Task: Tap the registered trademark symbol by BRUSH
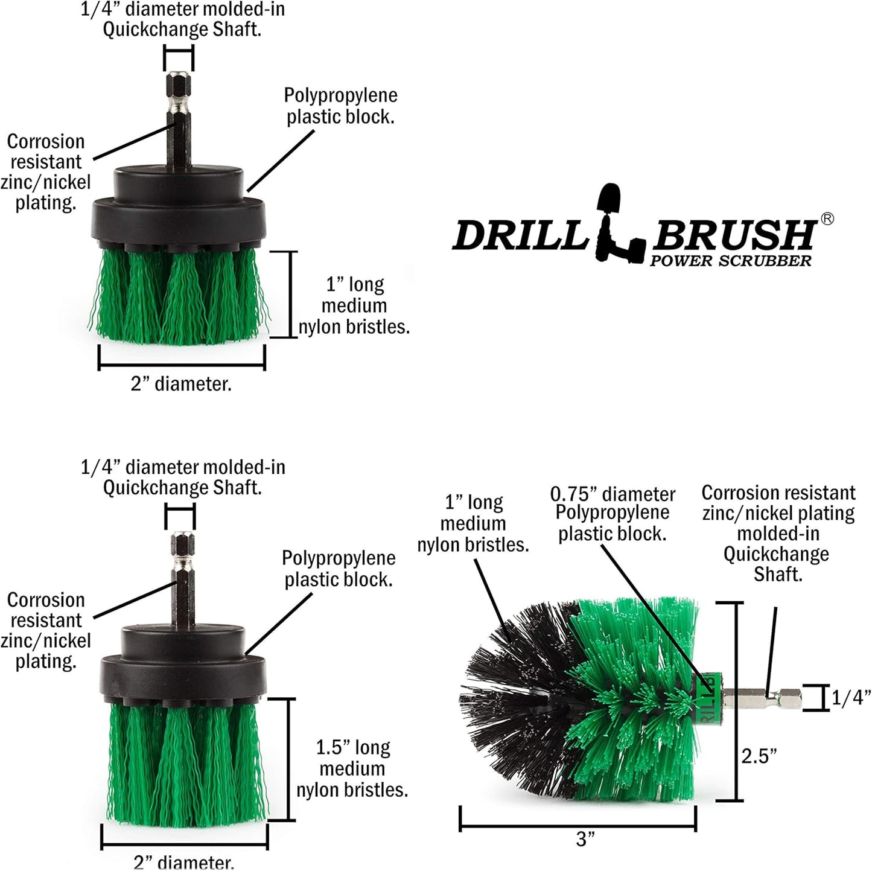click(827, 219)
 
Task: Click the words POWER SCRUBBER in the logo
click(730, 261)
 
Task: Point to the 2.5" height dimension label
click(759, 755)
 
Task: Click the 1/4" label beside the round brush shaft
click(851, 698)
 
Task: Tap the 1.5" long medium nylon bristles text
click(352, 768)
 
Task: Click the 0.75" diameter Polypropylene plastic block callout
click(612, 514)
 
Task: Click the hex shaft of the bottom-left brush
click(180, 579)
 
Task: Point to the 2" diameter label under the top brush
click(181, 384)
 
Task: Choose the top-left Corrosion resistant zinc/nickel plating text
click(45, 172)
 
